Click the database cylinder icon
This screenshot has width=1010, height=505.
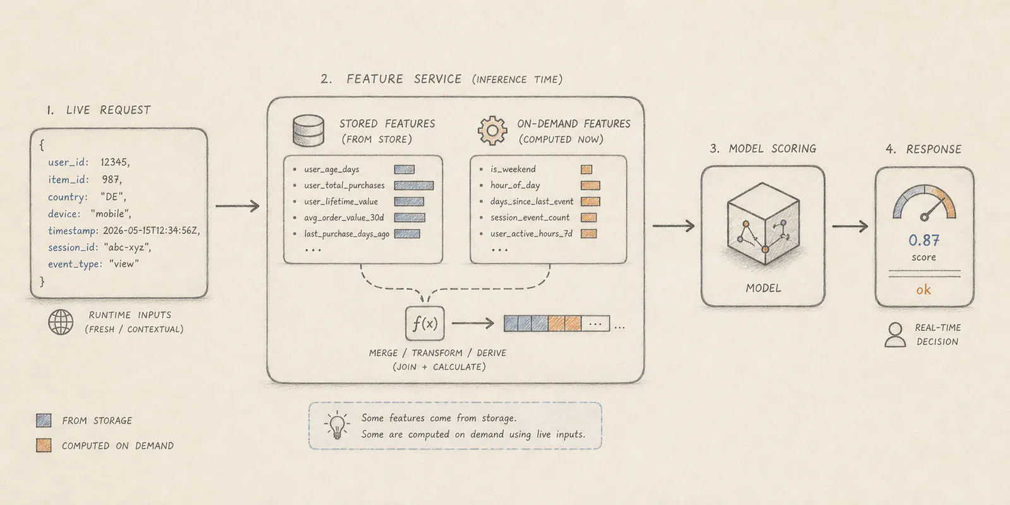309,131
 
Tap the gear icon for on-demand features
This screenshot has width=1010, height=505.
492,131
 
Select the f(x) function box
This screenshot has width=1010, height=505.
425,323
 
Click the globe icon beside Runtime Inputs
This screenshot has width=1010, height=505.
61,322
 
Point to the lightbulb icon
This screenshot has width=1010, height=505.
336,425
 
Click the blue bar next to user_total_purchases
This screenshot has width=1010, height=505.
414,186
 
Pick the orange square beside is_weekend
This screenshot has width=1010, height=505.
586,169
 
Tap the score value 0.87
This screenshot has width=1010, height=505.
924,241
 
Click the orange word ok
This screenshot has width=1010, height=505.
924,290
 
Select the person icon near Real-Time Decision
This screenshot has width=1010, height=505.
895,335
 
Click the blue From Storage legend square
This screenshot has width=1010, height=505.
44,420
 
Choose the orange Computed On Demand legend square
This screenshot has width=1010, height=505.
44,446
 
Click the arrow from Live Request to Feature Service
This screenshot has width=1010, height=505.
237,206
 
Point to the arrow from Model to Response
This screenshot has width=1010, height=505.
850,226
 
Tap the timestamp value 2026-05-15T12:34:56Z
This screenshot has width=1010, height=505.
151,231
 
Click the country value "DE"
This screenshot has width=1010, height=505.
113,197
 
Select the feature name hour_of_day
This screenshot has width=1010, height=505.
515,186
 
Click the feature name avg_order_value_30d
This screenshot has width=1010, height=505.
344,218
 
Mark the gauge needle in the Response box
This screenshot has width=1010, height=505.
934,209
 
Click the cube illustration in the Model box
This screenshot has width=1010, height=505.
763,223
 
